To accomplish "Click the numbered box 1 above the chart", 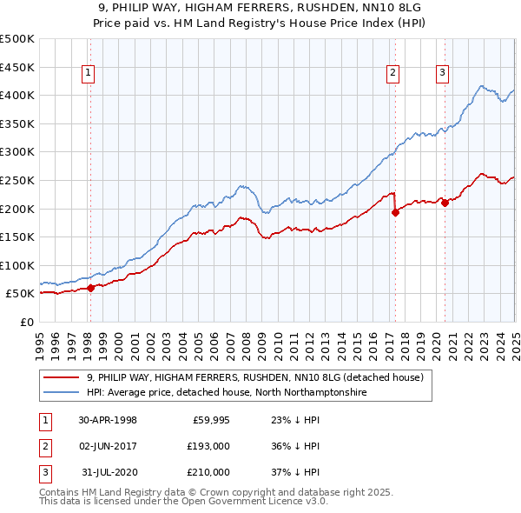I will [89, 74].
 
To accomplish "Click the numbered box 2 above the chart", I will [392, 74].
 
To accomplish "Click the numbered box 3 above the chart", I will [442, 74].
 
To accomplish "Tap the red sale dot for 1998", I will [90, 289].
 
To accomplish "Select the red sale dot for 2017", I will [395, 212].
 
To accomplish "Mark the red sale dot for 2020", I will [445, 203].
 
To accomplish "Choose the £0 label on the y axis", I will [26, 322].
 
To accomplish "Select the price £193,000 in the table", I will [208, 446].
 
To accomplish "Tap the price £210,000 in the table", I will [208, 472].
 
